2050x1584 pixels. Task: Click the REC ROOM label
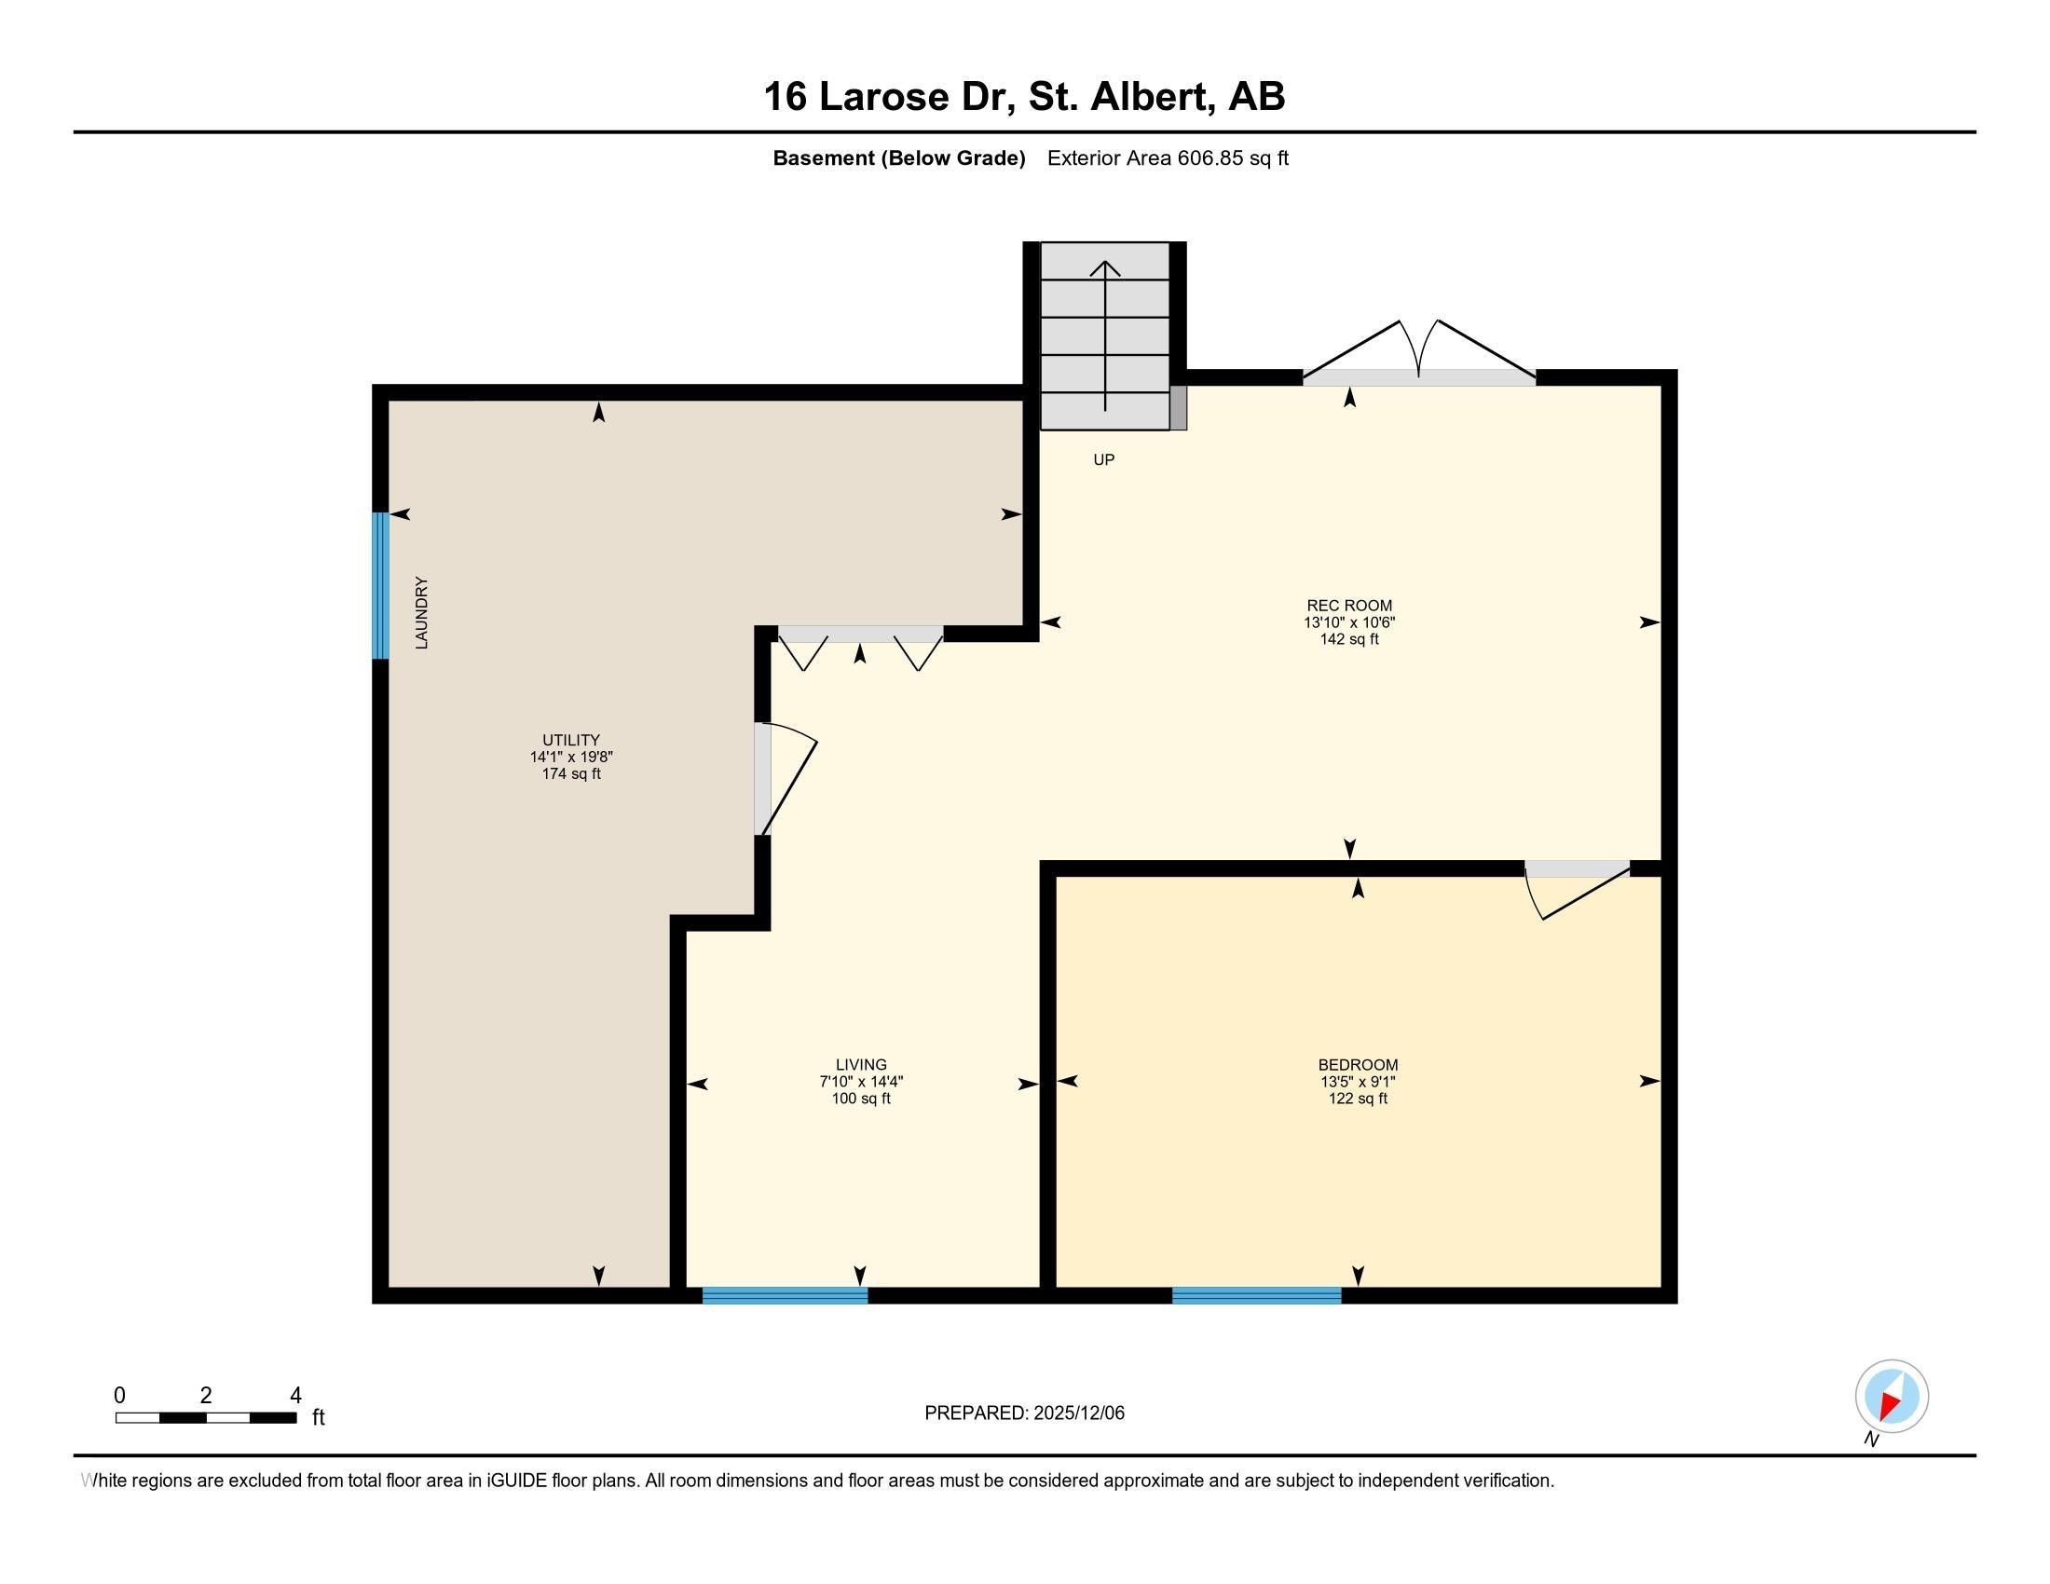click(1349, 606)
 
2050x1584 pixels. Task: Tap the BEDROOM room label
click(1358, 1064)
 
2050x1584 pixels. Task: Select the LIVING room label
click(860, 1064)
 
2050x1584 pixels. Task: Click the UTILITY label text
click(570, 740)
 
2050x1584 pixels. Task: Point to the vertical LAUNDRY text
click(421, 613)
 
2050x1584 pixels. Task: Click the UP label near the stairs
click(1103, 459)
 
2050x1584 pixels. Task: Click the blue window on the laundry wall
click(380, 585)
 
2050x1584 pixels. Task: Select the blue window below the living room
click(785, 1296)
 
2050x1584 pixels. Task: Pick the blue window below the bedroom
click(1256, 1296)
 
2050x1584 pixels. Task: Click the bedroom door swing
click(1577, 892)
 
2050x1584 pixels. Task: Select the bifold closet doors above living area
click(860, 646)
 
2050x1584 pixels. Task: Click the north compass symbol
click(1891, 1397)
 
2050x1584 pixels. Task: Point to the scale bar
click(207, 1417)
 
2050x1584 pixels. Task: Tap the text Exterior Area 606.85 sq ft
click(1167, 158)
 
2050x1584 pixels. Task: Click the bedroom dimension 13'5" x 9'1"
click(1358, 1081)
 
